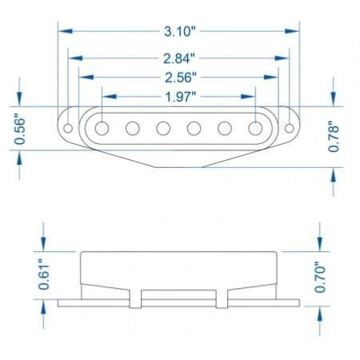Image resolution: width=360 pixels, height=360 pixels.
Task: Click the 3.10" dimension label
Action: point(180,31)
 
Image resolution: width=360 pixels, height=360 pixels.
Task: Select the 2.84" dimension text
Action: point(179,58)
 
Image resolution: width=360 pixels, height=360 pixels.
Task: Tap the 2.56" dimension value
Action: point(181,78)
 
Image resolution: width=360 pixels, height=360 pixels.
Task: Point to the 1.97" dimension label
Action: point(181,97)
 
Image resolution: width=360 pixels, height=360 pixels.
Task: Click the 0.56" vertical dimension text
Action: point(20,129)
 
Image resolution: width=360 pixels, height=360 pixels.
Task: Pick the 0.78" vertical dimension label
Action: point(334,137)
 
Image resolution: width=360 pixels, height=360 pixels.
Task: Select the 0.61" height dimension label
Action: point(44,274)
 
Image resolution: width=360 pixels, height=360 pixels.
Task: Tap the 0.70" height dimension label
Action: point(320,278)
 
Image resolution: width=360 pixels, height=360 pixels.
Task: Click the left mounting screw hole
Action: point(68,128)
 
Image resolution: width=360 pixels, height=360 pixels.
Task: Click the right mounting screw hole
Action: point(290,128)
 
